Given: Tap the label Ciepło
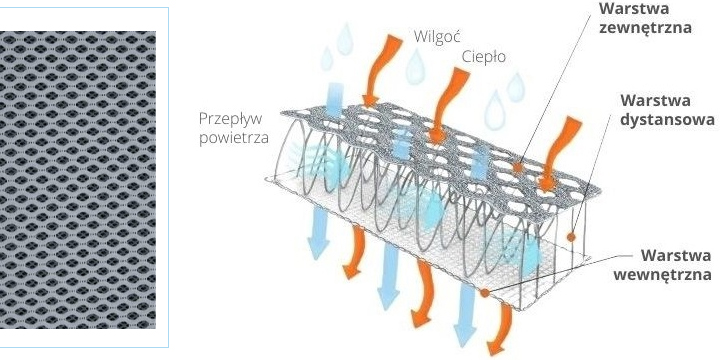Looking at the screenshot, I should [484, 57].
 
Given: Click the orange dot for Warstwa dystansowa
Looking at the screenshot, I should [569, 237].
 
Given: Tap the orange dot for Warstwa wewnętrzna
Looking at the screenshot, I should [484, 293].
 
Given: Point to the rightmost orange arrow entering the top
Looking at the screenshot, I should [560, 150].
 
